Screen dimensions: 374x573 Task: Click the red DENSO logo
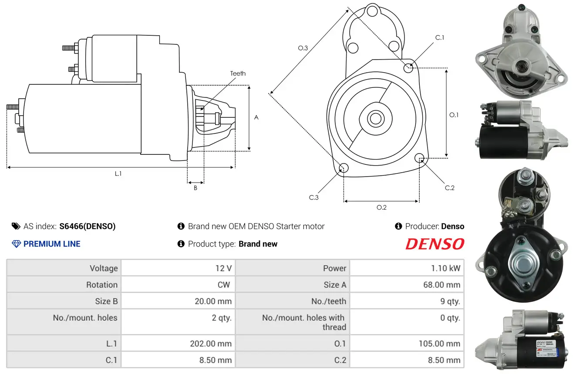pyautogui.click(x=435, y=244)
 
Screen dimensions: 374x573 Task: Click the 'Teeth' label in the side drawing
pyautogui.click(x=238, y=73)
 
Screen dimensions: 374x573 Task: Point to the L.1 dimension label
pyautogui.click(x=118, y=174)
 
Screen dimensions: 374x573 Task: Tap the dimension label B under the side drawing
pyautogui.click(x=195, y=188)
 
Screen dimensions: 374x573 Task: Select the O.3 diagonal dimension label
pyautogui.click(x=303, y=48)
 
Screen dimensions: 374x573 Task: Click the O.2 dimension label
pyautogui.click(x=381, y=207)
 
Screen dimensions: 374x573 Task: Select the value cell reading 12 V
pyautogui.click(x=223, y=268)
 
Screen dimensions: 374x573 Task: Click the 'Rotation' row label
pyautogui.click(x=101, y=285)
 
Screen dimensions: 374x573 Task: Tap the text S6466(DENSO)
pyautogui.click(x=88, y=226)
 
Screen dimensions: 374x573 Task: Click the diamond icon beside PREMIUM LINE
pyautogui.click(x=16, y=244)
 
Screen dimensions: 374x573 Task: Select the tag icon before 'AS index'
pyautogui.click(x=16, y=226)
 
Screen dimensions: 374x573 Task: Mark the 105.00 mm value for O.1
pyautogui.click(x=439, y=344)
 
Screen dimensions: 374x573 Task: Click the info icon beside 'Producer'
pyautogui.click(x=398, y=226)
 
